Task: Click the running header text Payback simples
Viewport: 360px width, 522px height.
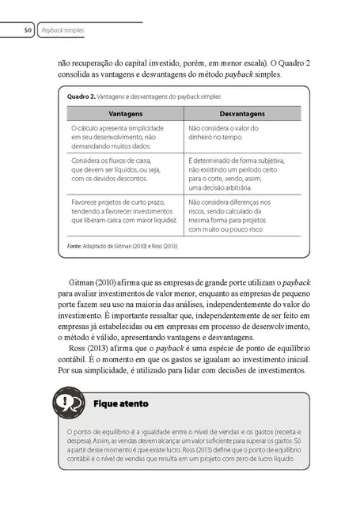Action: click(63, 31)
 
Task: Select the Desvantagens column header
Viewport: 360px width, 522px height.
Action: click(243, 114)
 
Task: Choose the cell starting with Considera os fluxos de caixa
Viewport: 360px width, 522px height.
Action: click(111, 169)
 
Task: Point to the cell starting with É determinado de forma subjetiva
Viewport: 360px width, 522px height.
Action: click(237, 174)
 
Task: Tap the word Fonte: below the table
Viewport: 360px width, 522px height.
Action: click(70, 247)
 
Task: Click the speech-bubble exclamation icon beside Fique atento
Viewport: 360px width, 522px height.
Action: click(66, 403)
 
